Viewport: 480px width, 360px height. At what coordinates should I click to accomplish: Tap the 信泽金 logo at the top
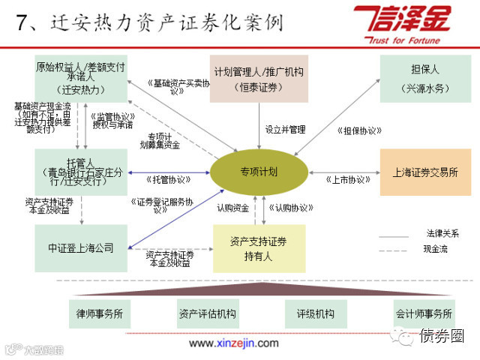(x=407, y=22)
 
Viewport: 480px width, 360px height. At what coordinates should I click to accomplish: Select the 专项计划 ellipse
(x=259, y=172)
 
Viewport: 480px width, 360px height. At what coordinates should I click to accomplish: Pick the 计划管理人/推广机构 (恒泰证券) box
(x=259, y=79)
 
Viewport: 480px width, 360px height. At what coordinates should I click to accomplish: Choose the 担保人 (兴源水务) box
(x=424, y=79)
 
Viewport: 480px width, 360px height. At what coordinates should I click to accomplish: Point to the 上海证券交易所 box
(x=424, y=172)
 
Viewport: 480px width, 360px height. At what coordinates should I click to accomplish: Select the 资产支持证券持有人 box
(x=259, y=248)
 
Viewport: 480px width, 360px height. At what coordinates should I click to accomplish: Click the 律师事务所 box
(x=100, y=313)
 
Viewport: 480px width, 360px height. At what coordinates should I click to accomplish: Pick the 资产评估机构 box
(x=204, y=313)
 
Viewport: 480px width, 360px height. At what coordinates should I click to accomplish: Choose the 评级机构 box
(x=310, y=313)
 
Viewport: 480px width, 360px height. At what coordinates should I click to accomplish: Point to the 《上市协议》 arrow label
(x=349, y=180)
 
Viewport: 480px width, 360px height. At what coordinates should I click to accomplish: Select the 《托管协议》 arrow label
(x=166, y=180)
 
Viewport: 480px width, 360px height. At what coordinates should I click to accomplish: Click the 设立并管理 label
(x=285, y=130)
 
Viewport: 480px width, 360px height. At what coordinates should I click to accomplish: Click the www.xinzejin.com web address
(x=233, y=343)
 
